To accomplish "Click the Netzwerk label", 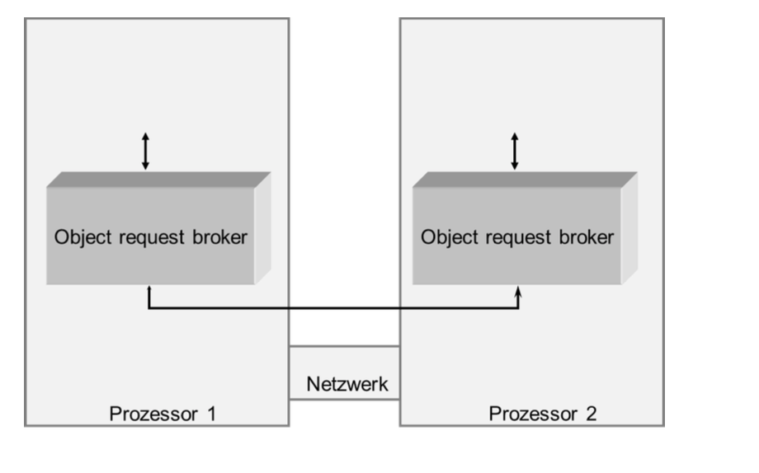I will tap(346, 384).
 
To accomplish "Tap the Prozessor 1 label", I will tap(163, 413).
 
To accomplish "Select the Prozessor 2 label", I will tap(542, 413).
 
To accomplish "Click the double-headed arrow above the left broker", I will tap(146, 151).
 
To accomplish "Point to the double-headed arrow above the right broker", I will tap(516, 151).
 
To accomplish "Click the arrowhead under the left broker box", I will tap(148, 291).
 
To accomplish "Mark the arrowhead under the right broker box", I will tap(518, 291).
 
